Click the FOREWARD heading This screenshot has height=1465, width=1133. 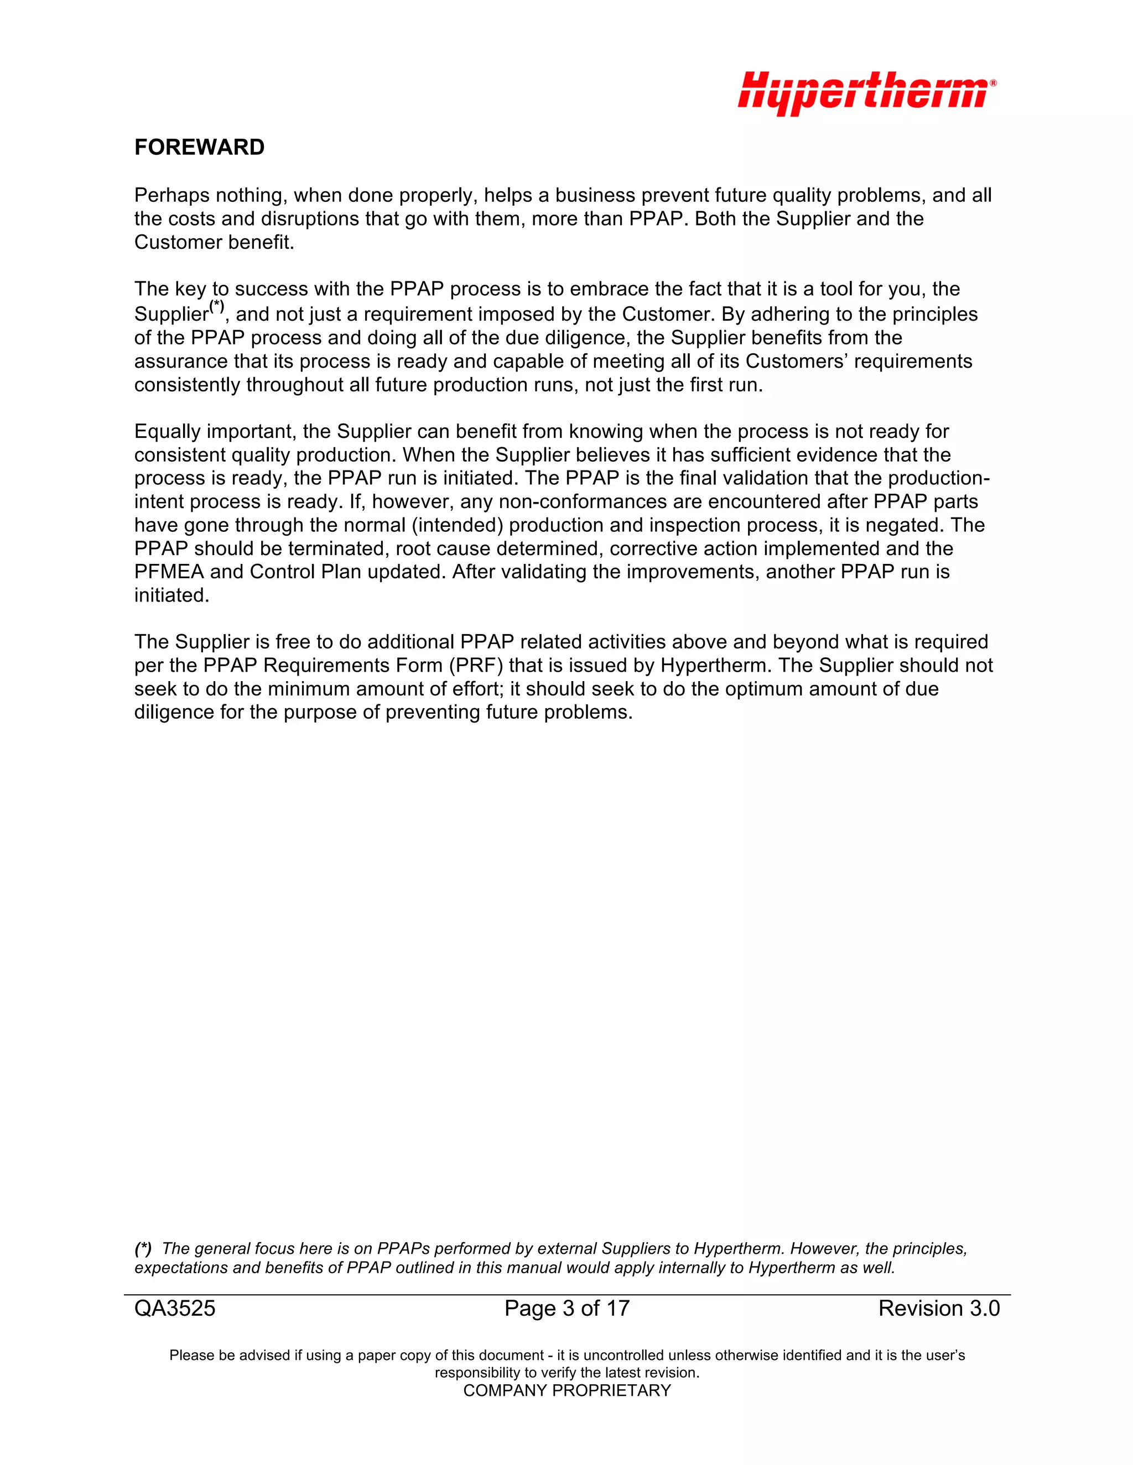tap(199, 148)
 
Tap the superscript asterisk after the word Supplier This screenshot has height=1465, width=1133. tap(217, 307)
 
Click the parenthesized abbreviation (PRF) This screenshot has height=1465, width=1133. tap(476, 666)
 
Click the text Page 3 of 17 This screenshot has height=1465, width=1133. tap(566, 1309)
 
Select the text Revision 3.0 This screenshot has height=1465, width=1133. tap(938, 1309)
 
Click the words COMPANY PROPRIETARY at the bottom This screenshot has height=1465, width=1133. tap(566, 1390)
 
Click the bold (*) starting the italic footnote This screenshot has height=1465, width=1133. tap(143, 1249)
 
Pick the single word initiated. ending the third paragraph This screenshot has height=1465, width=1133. tap(172, 595)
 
